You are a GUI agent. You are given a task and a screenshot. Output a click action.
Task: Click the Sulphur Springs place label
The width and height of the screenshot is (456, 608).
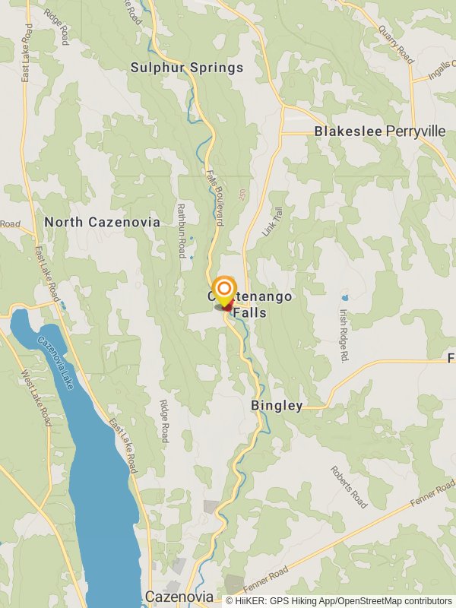point(187,68)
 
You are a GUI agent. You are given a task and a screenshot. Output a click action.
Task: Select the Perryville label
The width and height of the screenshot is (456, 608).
point(416,131)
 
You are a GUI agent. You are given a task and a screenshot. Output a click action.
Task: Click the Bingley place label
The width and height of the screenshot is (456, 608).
point(277,406)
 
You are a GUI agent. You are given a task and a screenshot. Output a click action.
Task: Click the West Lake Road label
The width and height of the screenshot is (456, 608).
point(37,396)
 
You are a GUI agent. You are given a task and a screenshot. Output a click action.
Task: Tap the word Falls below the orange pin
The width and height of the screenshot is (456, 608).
point(251,312)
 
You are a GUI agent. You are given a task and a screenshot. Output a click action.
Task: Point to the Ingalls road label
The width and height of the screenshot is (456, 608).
point(439,74)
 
